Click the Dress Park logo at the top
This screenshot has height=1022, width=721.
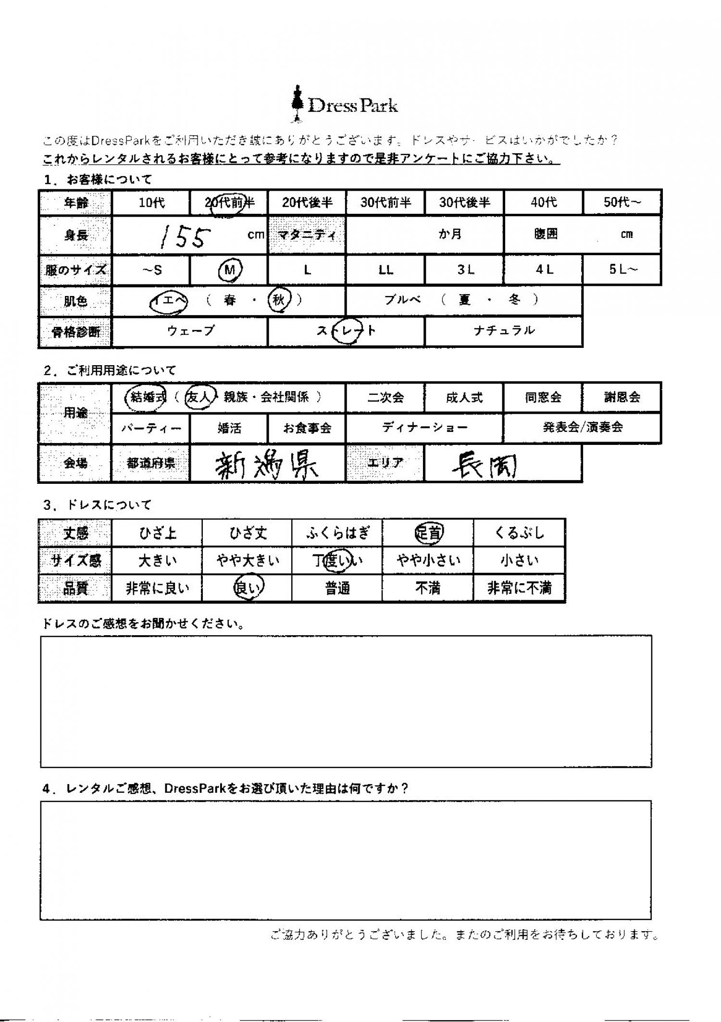345,105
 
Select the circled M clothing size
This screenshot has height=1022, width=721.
230,271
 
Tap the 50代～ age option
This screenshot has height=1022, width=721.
622,202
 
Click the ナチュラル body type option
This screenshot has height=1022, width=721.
504,331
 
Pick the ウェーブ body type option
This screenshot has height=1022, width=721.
190,331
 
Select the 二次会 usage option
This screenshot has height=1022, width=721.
385,398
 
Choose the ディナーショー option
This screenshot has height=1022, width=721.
424,428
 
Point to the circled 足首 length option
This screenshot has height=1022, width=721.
428,533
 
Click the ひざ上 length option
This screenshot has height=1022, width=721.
157,533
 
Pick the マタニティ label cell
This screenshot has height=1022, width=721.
307,235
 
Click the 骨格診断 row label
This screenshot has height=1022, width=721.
75,332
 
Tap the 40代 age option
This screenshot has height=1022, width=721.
544,202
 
